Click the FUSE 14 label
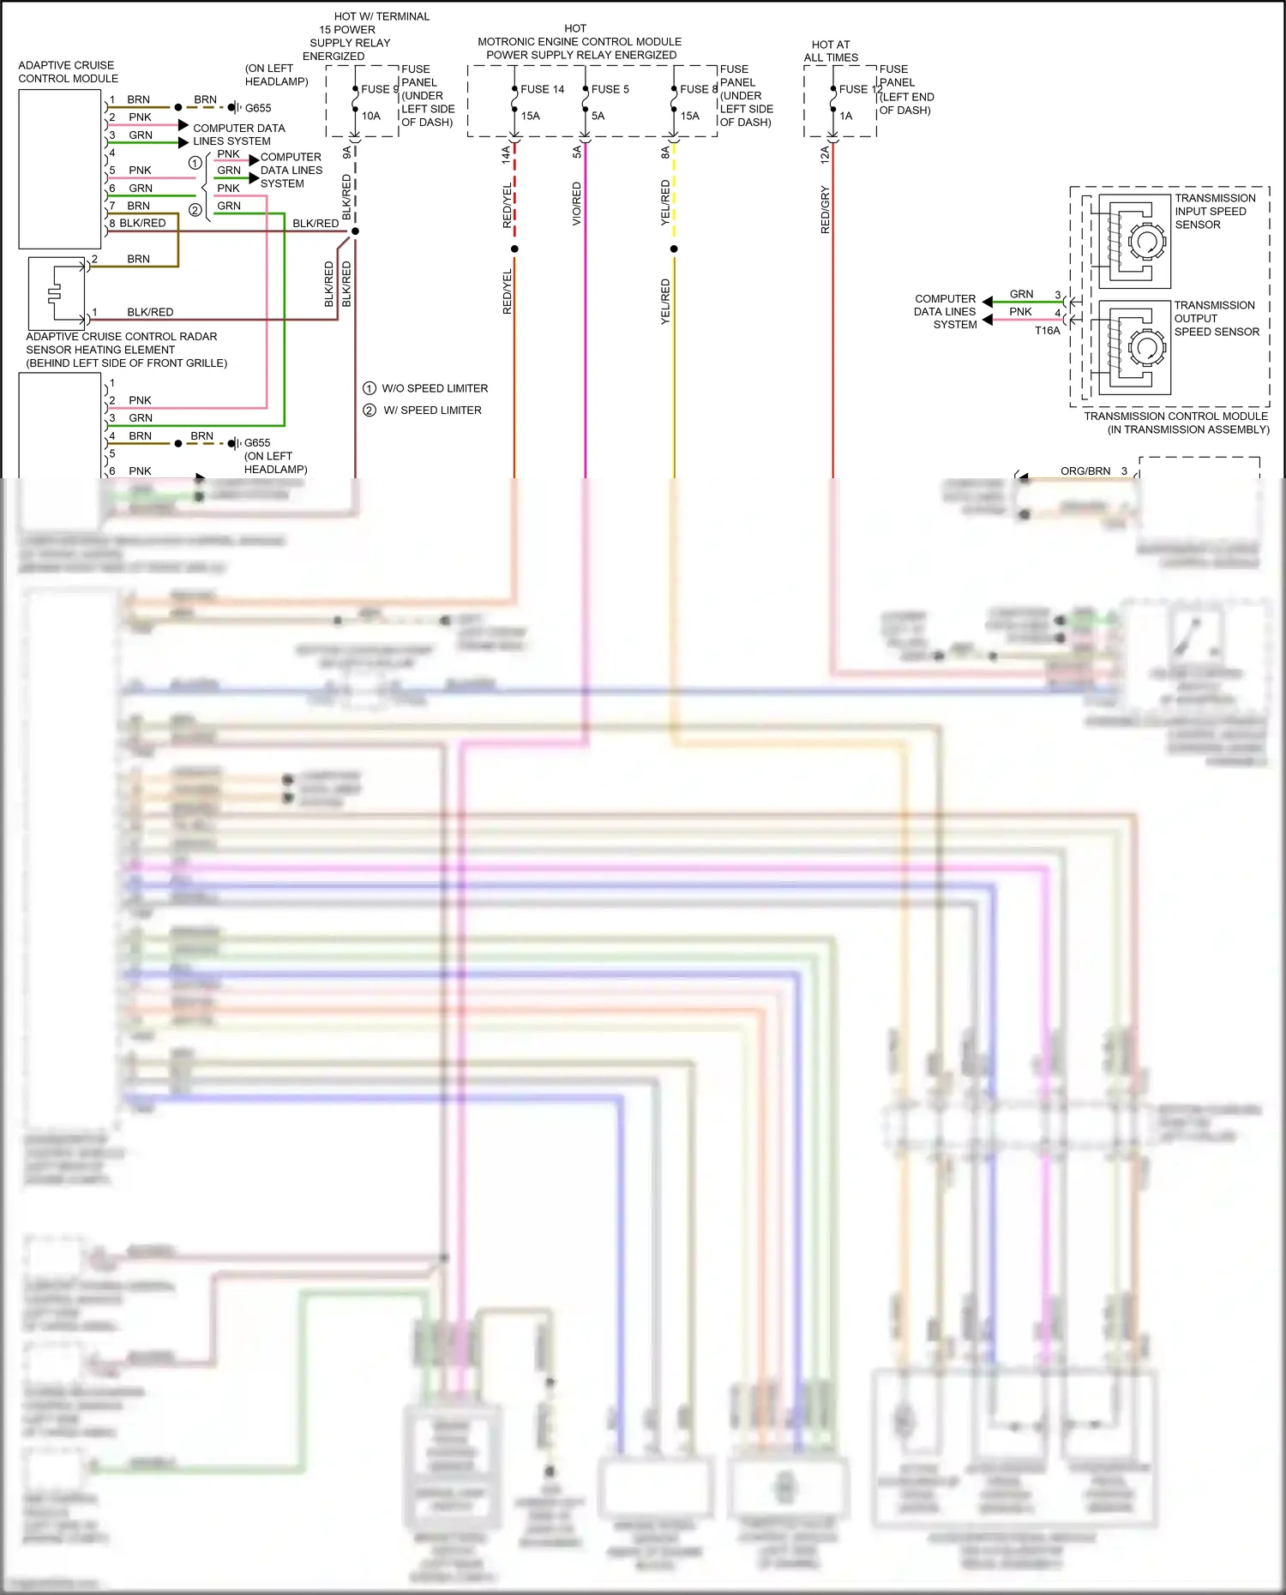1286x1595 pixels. coord(542,89)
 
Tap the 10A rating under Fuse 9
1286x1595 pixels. coord(370,116)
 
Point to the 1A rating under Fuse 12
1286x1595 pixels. coord(846,116)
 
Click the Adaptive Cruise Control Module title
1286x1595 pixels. coord(68,72)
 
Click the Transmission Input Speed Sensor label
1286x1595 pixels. coord(1214,211)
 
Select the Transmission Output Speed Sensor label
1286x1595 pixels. coord(1216,318)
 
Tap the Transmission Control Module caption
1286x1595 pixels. coord(1175,423)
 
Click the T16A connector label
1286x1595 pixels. coord(1047,331)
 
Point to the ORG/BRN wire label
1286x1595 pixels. coord(1085,471)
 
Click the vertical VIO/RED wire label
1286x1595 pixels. coord(577,204)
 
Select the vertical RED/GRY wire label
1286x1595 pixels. coord(826,210)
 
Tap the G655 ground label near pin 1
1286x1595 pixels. coord(258,108)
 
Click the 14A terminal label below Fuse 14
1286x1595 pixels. coord(506,154)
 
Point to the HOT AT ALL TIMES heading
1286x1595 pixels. coord(831,51)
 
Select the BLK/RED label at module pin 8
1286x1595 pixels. coord(142,223)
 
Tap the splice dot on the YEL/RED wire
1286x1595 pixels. coord(674,249)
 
